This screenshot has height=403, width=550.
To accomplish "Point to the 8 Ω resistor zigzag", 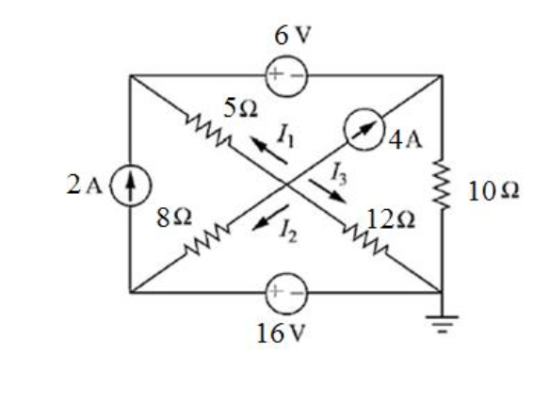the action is pyautogui.click(x=207, y=240).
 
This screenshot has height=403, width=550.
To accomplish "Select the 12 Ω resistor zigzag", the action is pyautogui.click(x=365, y=240).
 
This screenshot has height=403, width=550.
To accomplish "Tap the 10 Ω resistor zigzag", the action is pyautogui.click(x=442, y=184).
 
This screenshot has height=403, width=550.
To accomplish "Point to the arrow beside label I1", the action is pyautogui.click(x=268, y=150).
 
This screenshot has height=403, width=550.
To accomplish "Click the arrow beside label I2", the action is pyautogui.click(x=270, y=218).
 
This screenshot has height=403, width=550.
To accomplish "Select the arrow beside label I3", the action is pyautogui.click(x=328, y=191).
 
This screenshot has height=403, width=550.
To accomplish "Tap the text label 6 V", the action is pyautogui.click(x=293, y=35).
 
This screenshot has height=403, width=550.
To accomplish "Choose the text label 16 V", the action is pyautogui.click(x=282, y=333).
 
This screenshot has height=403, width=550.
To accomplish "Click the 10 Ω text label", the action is pyautogui.click(x=493, y=191).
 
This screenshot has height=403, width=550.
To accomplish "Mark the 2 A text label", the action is pyautogui.click(x=84, y=185).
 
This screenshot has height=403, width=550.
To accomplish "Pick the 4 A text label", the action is pyautogui.click(x=406, y=140).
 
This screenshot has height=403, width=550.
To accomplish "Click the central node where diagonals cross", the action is pyautogui.click(x=286, y=184).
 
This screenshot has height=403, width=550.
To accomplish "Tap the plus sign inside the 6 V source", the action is pyautogui.click(x=276, y=74).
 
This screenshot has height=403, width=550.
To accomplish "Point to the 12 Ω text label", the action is pyautogui.click(x=391, y=220).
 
